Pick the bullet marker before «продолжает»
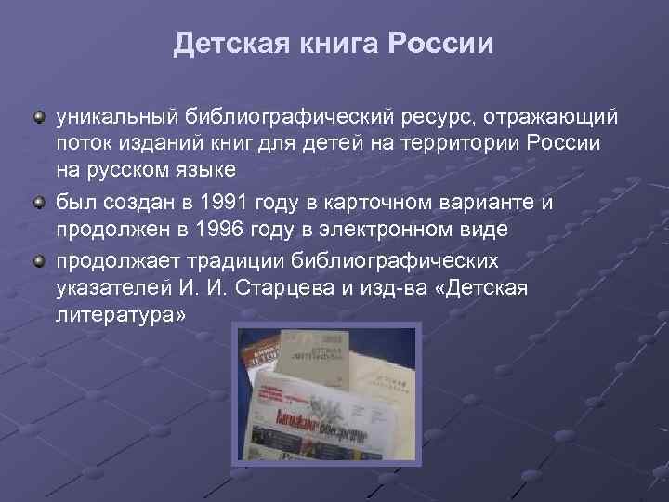(39, 262)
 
